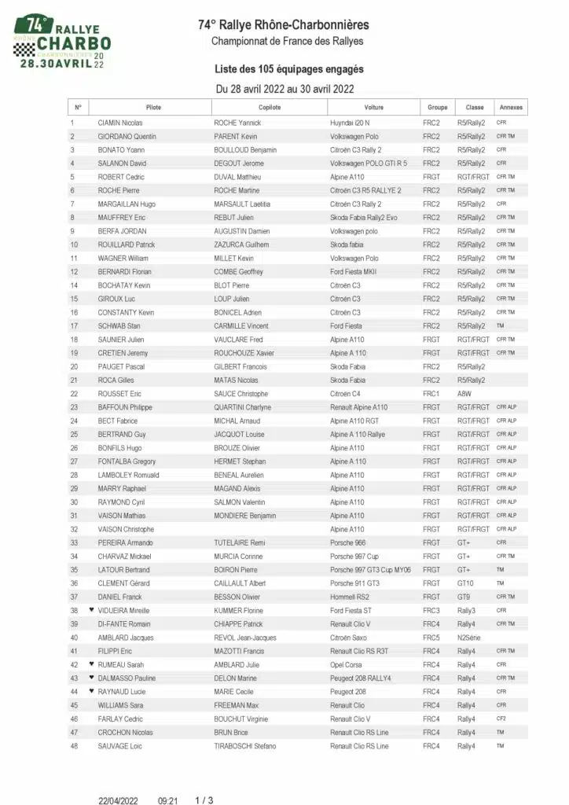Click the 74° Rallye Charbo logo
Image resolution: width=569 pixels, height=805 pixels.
point(62,41)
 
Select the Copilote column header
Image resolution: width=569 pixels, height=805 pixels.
point(269,108)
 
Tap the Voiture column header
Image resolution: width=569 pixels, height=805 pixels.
point(374,108)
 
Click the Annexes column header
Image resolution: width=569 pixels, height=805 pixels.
point(510,108)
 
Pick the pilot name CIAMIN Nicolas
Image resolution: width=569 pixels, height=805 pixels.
point(120,123)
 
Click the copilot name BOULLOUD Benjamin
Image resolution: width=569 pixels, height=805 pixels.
point(245,150)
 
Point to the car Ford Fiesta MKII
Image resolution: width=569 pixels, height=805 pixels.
point(355,272)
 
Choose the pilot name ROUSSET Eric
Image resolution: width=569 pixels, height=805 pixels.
point(119,394)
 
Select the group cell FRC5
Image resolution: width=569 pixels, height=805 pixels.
point(431,638)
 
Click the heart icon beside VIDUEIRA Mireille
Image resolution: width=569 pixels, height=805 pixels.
point(91,610)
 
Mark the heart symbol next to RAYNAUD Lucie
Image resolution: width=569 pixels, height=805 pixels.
point(91,691)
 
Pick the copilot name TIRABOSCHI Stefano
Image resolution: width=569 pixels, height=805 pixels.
point(245,745)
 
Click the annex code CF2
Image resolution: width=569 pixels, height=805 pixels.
point(501,719)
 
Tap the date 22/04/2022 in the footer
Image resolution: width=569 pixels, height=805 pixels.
point(116,800)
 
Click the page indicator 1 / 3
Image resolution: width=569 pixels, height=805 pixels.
point(204,800)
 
